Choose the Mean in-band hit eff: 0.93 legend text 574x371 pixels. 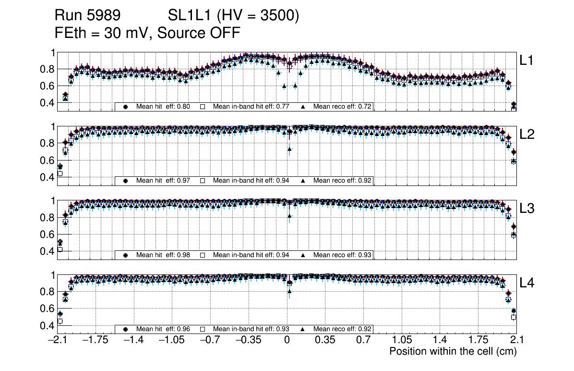(251, 329)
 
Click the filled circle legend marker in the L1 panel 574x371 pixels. (126, 106)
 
